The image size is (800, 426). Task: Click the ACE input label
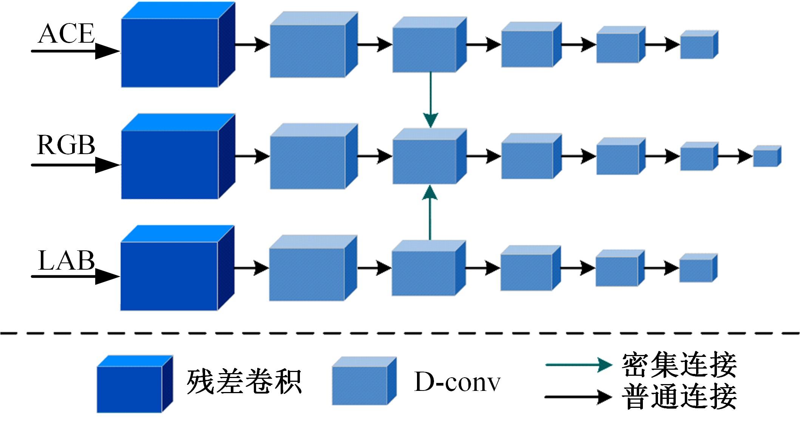click(66, 34)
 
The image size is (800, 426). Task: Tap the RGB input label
click(66, 145)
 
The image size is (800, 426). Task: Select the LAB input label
click(66, 261)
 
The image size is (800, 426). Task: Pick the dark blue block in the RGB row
click(170, 164)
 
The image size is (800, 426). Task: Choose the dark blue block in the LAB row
click(169, 276)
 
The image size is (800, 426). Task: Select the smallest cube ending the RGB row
click(766, 156)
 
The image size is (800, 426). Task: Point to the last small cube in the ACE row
click(698, 45)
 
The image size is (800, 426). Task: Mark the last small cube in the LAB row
click(697, 269)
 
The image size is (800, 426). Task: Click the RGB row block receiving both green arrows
click(425, 161)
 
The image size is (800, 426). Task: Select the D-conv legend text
click(457, 382)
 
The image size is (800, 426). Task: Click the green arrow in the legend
click(578, 365)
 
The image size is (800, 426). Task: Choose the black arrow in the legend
click(578, 397)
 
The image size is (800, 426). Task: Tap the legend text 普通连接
click(679, 397)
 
